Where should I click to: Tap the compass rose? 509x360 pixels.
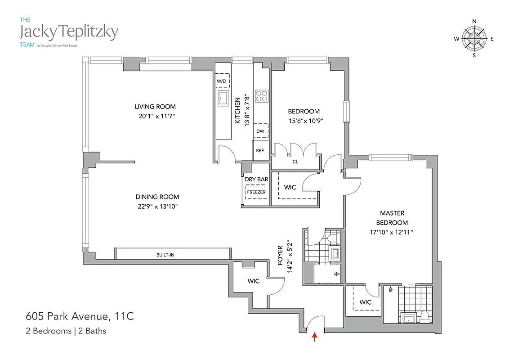(474, 39)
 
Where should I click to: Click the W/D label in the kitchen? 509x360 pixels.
(222, 81)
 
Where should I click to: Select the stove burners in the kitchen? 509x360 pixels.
(261, 95)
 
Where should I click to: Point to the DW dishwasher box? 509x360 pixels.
(260, 131)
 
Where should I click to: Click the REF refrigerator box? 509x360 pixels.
(260, 151)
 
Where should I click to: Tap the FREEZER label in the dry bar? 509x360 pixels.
(256, 192)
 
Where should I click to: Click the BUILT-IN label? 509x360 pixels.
(165, 255)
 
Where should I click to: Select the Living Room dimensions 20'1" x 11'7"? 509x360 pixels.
(155, 116)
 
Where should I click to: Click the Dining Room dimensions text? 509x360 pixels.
(157, 206)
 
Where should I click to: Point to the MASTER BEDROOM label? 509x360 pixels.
(392, 218)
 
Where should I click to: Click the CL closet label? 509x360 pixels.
(295, 162)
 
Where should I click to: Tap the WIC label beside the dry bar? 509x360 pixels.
(290, 187)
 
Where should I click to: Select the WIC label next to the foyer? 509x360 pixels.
(254, 281)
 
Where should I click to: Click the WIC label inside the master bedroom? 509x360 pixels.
(366, 302)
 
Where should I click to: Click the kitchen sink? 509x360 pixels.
(223, 98)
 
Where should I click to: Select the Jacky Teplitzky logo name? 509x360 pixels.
(69, 31)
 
